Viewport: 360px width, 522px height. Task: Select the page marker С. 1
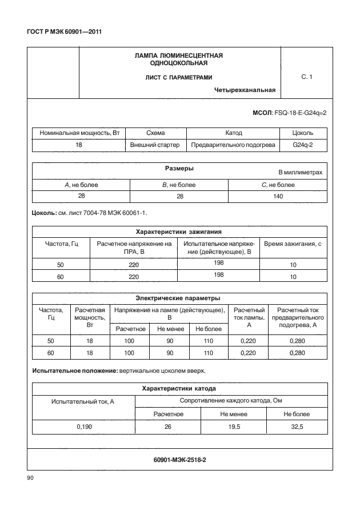pos(307,76)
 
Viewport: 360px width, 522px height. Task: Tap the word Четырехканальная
pos(245,89)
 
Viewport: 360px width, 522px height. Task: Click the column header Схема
pos(155,133)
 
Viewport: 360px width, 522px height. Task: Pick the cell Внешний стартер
pos(155,145)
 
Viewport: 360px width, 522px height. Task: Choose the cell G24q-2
pos(302,145)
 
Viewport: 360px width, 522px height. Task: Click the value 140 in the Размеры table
pos(277,196)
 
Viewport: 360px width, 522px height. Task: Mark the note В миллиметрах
pos(300,172)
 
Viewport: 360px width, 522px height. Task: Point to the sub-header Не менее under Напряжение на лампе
pos(169,329)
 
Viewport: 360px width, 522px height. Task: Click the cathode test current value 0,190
pos(83,427)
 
